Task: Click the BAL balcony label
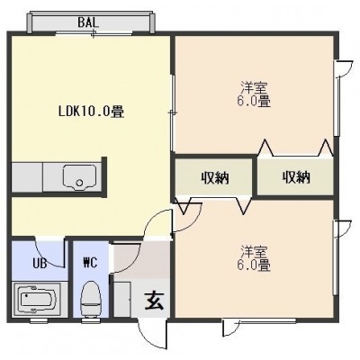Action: point(88,22)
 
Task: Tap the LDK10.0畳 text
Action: point(91,112)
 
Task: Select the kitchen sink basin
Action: point(79,177)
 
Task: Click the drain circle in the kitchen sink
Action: point(79,183)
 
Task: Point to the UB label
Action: point(40,264)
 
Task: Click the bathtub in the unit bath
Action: point(38,300)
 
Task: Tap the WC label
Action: point(90,263)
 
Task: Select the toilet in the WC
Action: point(91,300)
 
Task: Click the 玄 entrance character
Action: point(154,301)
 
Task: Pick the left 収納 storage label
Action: point(215,178)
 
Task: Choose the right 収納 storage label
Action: point(296,178)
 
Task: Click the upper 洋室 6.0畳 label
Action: point(254,94)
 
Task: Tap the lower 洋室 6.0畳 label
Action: point(254,258)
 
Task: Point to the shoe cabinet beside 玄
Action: point(122,299)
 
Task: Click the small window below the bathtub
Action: point(39,320)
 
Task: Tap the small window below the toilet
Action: point(89,320)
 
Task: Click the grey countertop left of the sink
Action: point(27,177)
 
